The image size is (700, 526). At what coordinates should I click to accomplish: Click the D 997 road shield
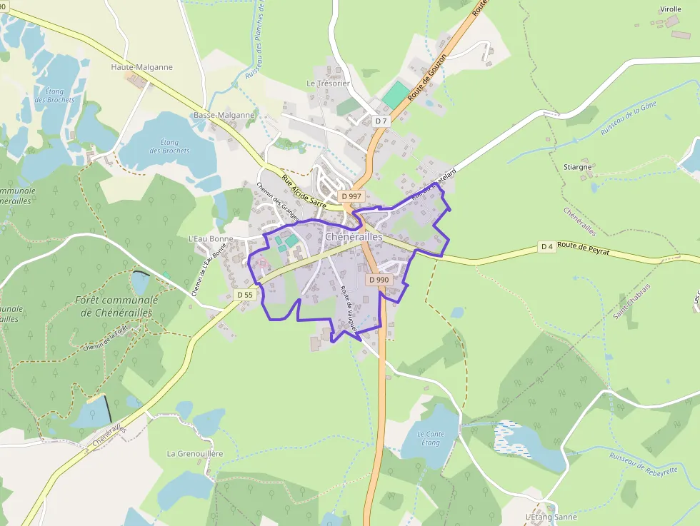click(352, 196)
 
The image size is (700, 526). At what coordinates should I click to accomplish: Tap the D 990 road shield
click(379, 280)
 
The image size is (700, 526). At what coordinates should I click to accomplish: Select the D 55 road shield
click(244, 295)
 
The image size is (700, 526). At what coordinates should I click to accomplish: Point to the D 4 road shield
click(547, 247)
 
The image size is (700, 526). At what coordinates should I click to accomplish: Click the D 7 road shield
click(381, 121)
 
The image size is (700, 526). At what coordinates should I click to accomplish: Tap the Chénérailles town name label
click(354, 236)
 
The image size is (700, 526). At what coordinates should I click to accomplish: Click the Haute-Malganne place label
click(141, 67)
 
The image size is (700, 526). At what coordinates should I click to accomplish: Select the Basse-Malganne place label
click(224, 115)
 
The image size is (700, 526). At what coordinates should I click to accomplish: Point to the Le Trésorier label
click(328, 84)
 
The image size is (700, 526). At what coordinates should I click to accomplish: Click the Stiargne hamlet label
click(579, 167)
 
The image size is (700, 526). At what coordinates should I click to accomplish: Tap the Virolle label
click(670, 9)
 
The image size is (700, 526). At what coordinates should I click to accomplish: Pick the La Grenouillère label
click(195, 453)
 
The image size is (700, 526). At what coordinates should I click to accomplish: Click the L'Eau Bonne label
click(206, 238)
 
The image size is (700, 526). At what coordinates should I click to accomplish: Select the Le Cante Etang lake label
click(430, 438)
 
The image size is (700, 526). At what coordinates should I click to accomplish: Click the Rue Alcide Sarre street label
click(304, 192)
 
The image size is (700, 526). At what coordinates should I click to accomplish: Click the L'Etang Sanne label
click(551, 517)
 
